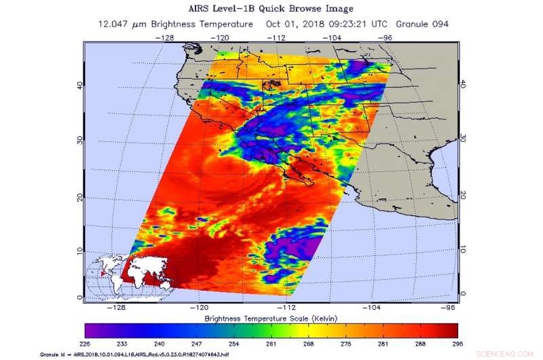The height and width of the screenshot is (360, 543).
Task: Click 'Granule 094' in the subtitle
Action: point(421,24)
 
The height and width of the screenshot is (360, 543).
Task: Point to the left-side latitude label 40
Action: point(79,85)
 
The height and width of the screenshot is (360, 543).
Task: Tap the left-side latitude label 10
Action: point(79,251)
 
